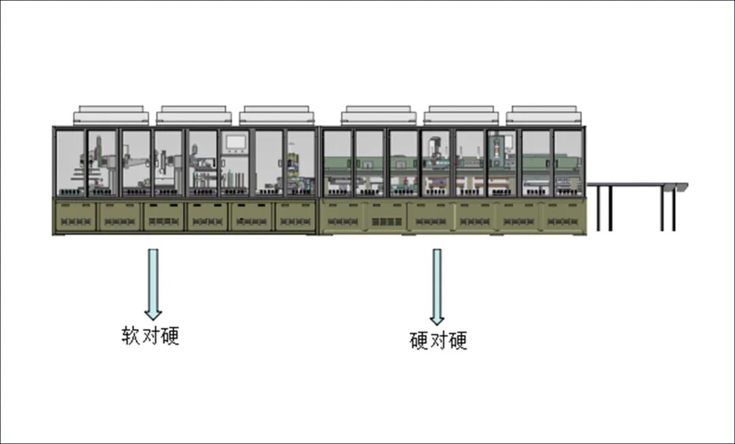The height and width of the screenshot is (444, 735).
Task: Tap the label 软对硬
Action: (x=150, y=336)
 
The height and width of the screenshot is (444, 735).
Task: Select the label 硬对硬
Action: (x=439, y=340)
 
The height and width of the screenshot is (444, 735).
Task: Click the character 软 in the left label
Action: (x=131, y=336)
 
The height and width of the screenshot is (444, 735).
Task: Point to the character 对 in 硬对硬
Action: (x=439, y=340)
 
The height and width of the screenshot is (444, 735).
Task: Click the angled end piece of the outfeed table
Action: (x=679, y=187)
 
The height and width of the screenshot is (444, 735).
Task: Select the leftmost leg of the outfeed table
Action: (x=598, y=208)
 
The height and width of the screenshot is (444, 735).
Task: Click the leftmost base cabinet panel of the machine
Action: (x=75, y=217)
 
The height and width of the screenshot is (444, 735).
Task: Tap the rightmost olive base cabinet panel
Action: (x=563, y=217)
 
